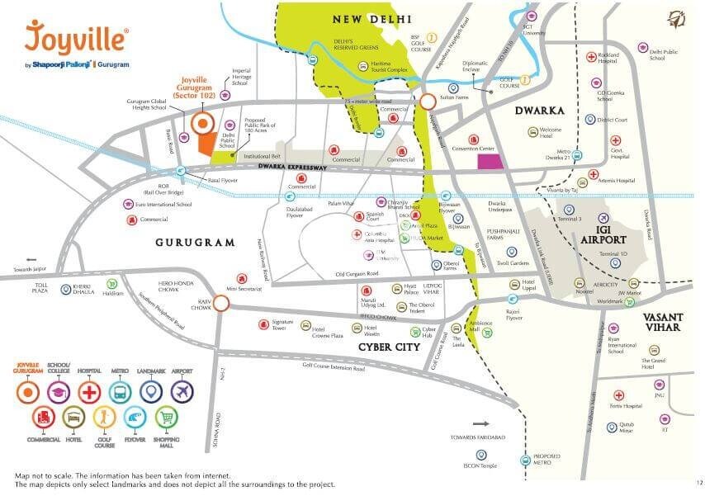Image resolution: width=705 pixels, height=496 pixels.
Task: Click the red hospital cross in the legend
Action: tap(89, 390)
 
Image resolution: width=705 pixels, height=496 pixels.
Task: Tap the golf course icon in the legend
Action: tap(105, 419)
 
